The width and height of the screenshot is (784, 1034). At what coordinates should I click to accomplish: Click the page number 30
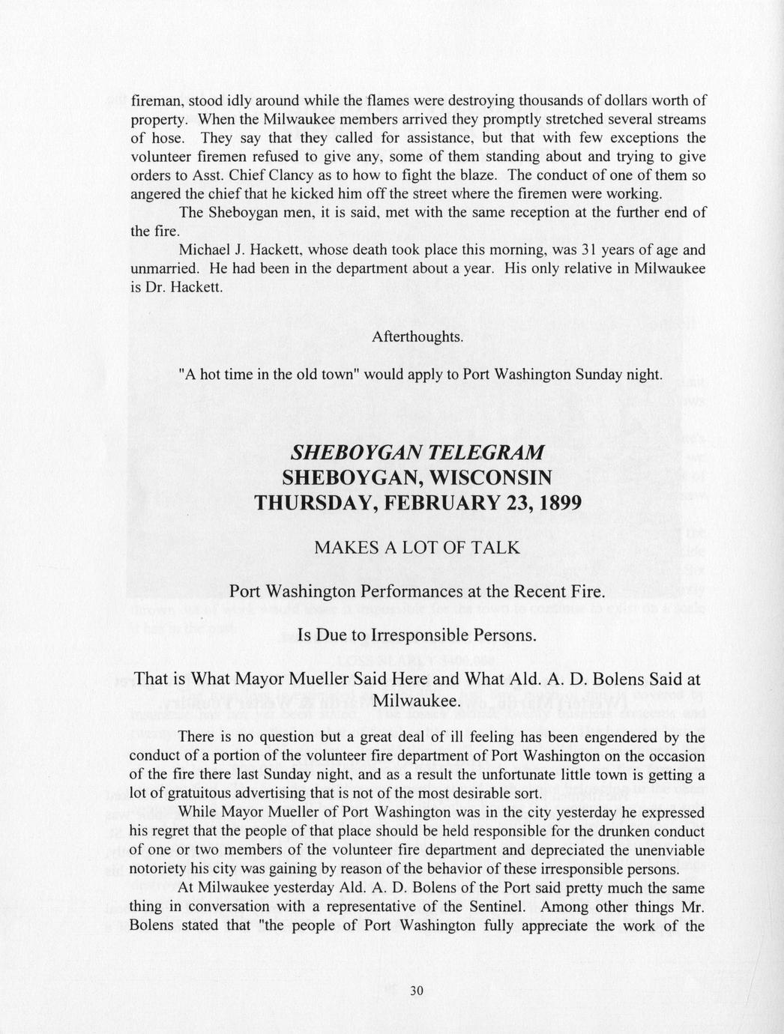click(x=417, y=990)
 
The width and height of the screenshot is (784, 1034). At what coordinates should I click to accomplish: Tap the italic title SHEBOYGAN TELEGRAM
click(x=417, y=453)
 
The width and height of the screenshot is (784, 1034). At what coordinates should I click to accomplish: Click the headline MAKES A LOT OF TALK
click(x=417, y=548)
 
